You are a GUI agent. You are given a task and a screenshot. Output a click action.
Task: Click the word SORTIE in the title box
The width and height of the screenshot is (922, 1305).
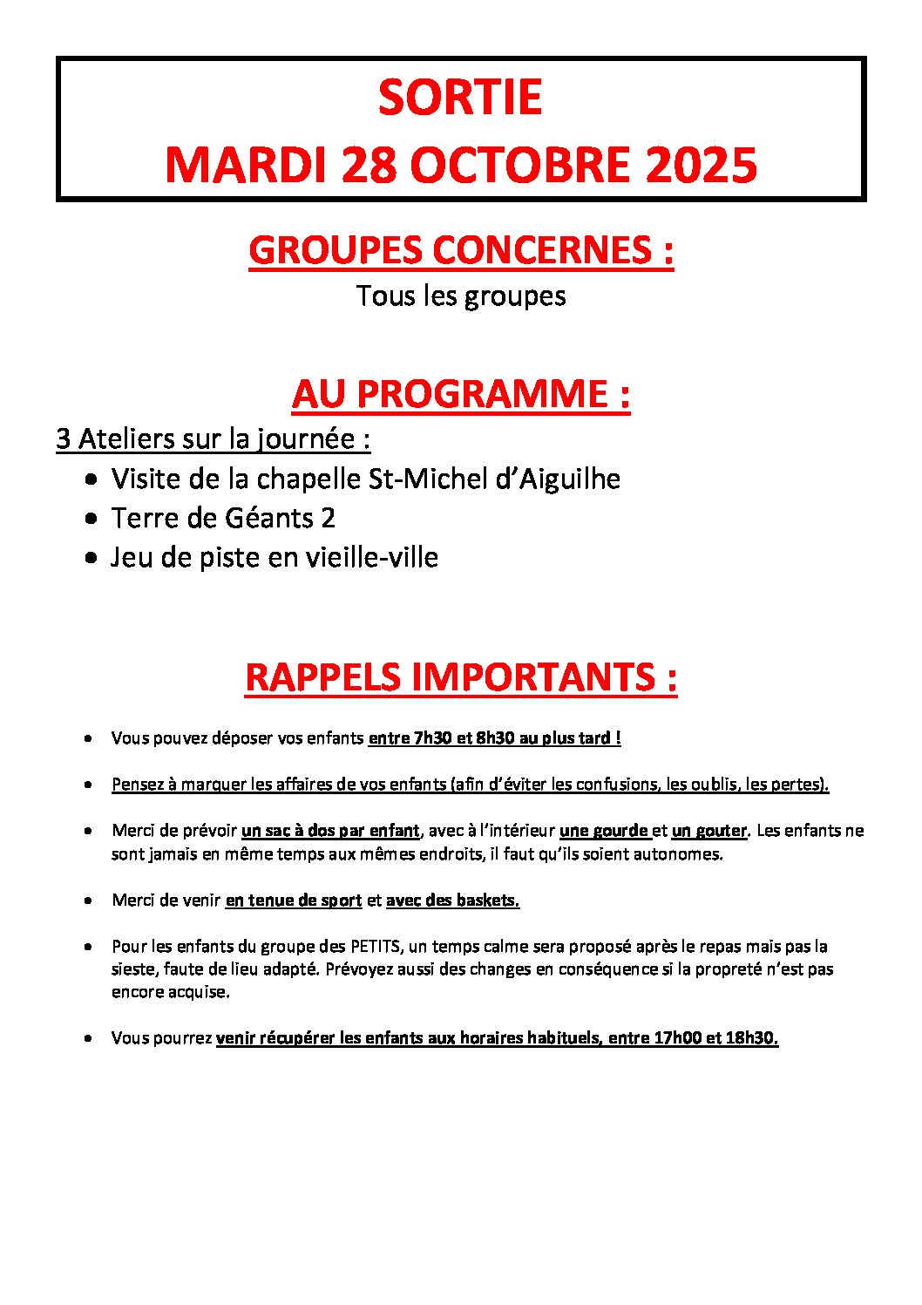pyautogui.click(x=460, y=98)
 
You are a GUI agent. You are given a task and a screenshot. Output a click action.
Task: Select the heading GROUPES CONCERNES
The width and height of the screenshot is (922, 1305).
pyautogui.click(x=460, y=251)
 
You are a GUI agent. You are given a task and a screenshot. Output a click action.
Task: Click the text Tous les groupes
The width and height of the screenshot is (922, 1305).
pyautogui.click(x=460, y=296)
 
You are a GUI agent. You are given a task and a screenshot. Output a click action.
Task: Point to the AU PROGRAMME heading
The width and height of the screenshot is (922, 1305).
pyautogui.click(x=460, y=394)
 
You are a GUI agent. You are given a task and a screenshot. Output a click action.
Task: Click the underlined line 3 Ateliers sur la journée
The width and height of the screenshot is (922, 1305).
pyautogui.click(x=213, y=438)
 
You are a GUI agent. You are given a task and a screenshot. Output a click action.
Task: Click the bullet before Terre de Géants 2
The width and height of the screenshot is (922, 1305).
pyautogui.click(x=92, y=519)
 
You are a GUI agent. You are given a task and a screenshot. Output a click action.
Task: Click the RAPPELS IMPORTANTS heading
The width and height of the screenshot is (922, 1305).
pyautogui.click(x=460, y=677)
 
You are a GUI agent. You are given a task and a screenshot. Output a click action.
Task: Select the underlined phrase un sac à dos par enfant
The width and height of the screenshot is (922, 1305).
pyautogui.click(x=330, y=831)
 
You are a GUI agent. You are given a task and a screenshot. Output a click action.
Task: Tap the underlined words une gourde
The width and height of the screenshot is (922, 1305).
pyautogui.click(x=604, y=831)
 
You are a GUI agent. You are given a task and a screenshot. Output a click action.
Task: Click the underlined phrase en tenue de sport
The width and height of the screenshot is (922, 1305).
pyautogui.click(x=293, y=901)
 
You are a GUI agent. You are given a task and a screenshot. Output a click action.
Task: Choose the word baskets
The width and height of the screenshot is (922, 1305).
pyautogui.click(x=486, y=901)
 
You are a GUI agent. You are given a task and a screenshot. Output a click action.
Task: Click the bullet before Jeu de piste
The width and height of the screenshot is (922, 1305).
pyautogui.click(x=92, y=558)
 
